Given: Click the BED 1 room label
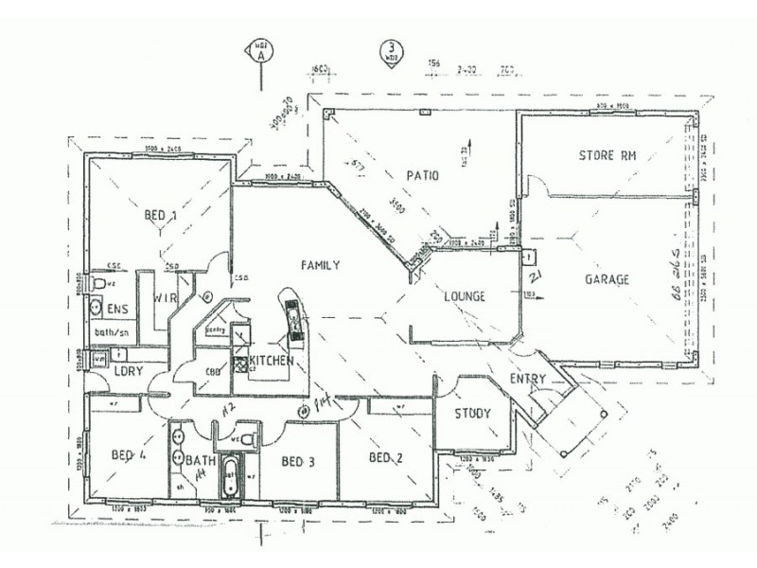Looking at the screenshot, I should point(160,216).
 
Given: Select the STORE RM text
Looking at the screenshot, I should point(606,154).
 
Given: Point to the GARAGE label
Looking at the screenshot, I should point(607,279).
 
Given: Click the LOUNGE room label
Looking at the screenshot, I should point(465,296).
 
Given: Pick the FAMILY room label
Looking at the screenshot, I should point(320,265).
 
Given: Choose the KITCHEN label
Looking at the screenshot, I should point(272,362).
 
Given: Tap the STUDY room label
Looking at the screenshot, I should point(471,413).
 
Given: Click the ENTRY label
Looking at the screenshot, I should point(527,379).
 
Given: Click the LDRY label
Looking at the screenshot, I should point(128,370).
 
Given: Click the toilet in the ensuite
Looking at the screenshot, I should point(98,284).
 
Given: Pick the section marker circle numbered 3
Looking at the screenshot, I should point(389,49).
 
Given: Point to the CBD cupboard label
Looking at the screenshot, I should point(212,371).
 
